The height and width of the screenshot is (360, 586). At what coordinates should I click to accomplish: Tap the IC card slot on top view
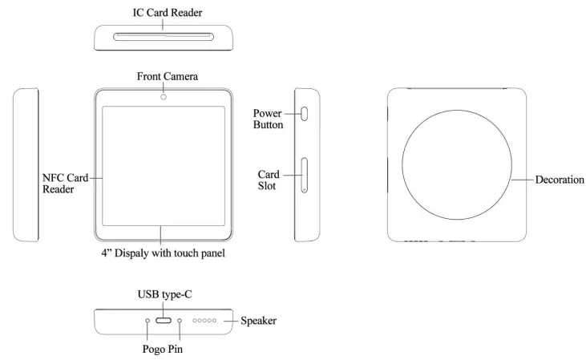[x=165, y=35]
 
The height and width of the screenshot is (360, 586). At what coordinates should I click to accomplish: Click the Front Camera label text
[x=168, y=76]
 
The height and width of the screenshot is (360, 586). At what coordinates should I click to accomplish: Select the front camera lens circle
[x=163, y=95]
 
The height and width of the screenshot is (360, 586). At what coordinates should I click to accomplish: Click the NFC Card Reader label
[x=65, y=183]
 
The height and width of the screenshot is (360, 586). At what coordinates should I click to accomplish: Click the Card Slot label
[x=268, y=180]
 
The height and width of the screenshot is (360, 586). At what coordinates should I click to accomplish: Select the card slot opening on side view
[x=305, y=176]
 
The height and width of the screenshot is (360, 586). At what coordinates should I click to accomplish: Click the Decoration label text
[x=560, y=180]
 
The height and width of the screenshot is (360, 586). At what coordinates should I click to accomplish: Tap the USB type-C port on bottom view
[x=164, y=321]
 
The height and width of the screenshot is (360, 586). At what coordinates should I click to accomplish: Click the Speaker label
[x=259, y=321]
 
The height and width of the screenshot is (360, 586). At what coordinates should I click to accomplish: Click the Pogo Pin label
[x=164, y=349]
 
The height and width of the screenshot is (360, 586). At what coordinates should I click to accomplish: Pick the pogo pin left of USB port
[x=148, y=321]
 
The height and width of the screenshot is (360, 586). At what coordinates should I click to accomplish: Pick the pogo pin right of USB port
[x=180, y=321]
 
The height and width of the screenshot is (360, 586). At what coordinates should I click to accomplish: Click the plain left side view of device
[x=26, y=164]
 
